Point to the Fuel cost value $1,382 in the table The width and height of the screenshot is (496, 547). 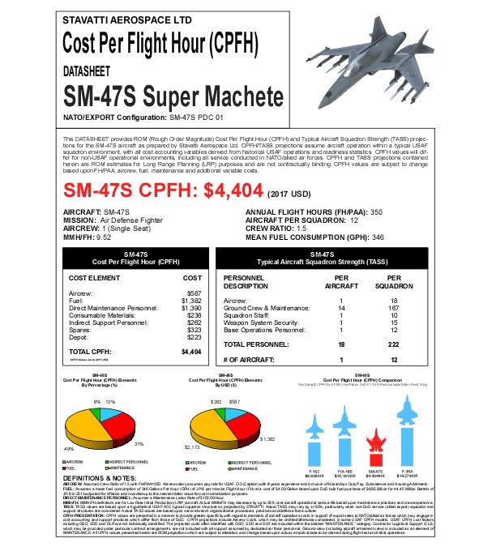click(x=190, y=300)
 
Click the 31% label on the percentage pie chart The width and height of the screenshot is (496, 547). click(x=139, y=443)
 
